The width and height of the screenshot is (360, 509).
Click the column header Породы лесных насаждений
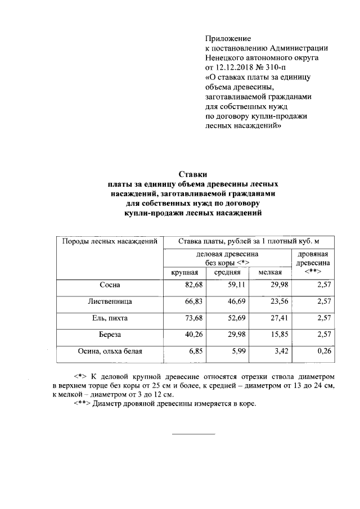point(109,241)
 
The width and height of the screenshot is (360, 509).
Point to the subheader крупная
point(184,272)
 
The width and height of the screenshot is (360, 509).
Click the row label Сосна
point(108,285)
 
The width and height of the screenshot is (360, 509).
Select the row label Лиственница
point(108,301)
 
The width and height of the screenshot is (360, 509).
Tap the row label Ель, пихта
point(108,318)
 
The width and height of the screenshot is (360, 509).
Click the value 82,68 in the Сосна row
point(192,285)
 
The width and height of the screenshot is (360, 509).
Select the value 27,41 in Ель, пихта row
point(279,318)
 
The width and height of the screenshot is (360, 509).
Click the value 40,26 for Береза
point(192,334)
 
